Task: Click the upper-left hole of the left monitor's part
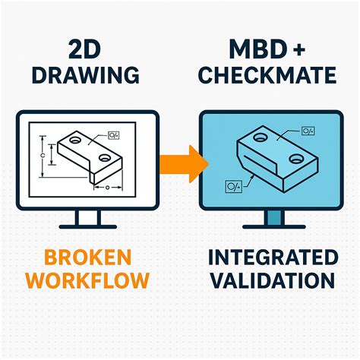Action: pos(76,139)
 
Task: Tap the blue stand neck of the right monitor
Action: pos(273,218)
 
